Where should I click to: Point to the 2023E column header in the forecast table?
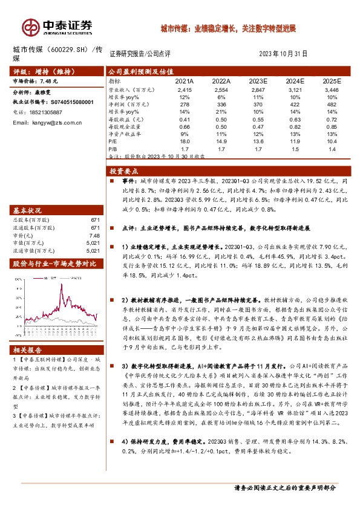[259, 80]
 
